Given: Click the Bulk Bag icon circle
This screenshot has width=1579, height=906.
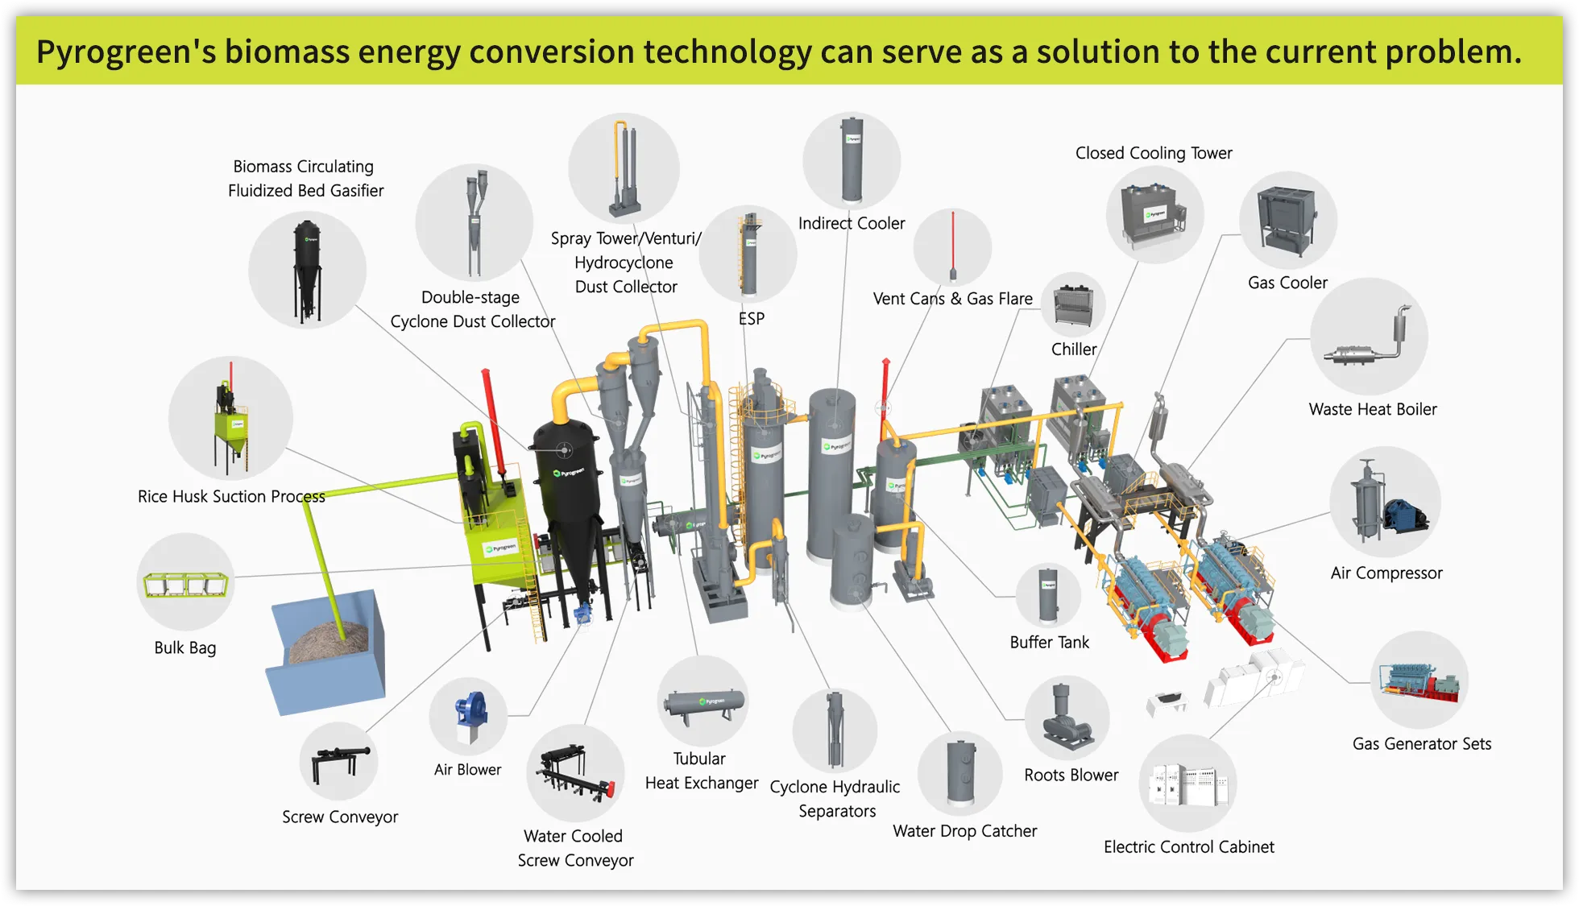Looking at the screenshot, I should (x=186, y=581).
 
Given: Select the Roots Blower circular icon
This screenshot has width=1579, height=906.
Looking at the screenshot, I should (x=1067, y=718).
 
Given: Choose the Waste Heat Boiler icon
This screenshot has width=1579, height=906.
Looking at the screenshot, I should (x=1369, y=337).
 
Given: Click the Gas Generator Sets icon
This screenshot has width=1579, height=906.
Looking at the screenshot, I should (x=1419, y=681).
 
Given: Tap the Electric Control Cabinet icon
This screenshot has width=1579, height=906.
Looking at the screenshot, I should (x=1187, y=784).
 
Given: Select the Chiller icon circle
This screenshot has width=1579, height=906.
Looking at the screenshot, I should (x=1073, y=304).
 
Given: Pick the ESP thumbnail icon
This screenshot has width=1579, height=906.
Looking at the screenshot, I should (x=748, y=254).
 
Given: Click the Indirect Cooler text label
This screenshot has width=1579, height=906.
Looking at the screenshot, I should (x=852, y=223).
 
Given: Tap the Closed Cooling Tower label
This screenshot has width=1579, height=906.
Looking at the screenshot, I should (x=1154, y=153).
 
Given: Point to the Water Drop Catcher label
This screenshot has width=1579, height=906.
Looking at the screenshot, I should (x=964, y=831).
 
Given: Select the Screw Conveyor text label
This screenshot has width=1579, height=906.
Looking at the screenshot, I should (x=340, y=817).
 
